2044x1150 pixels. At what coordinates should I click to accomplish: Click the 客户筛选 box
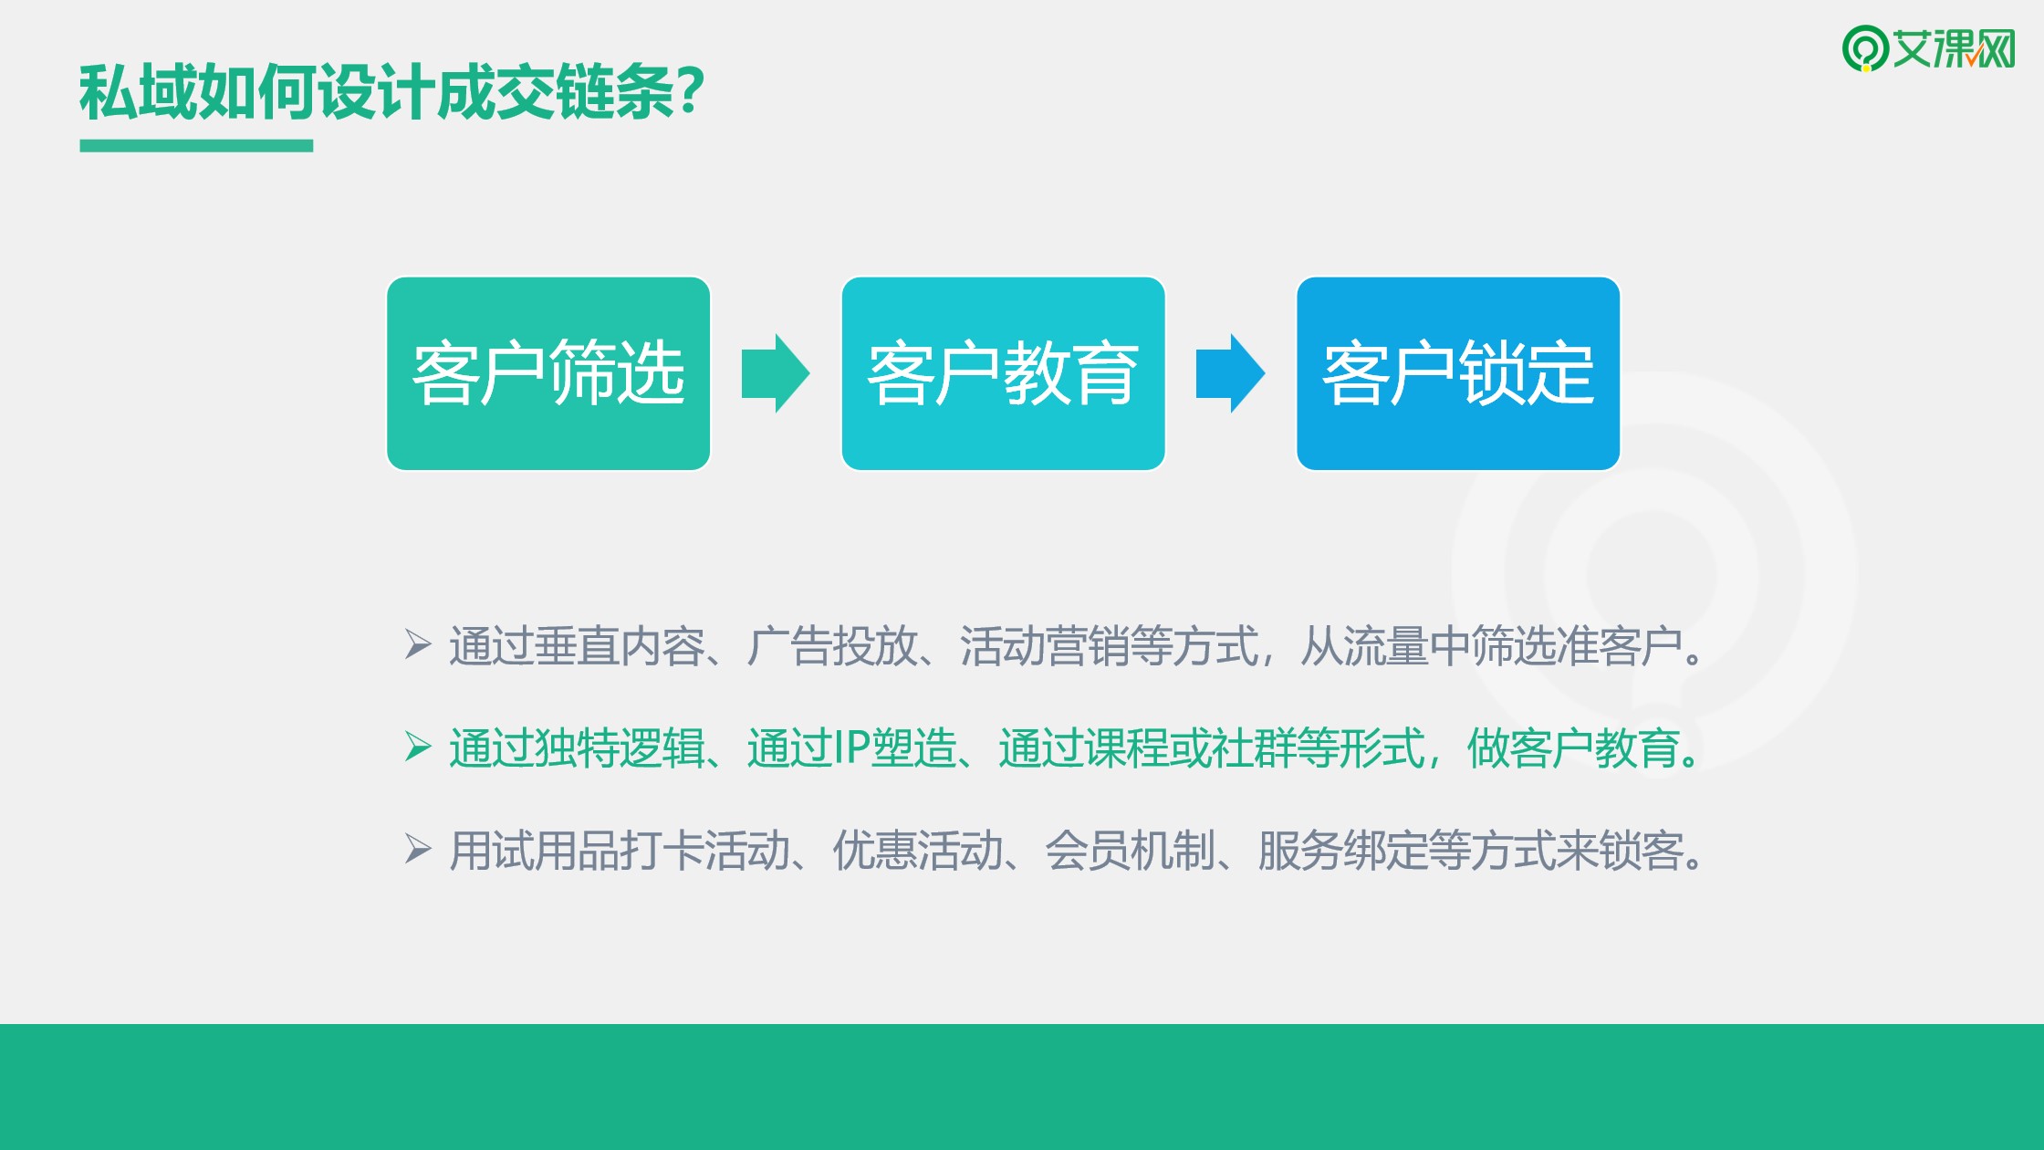click(548, 373)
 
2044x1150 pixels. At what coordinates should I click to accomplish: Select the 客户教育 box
click(1003, 373)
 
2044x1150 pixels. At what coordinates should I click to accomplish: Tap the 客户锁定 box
click(1458, 373)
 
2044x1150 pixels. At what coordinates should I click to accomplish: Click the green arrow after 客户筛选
click(776, 373)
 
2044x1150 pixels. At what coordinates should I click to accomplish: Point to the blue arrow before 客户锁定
click(1230, 373)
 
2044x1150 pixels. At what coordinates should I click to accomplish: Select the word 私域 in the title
click(138, 92)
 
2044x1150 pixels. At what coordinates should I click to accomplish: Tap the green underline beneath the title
click(196, 146)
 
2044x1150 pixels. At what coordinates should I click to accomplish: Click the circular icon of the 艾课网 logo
click(1865, 47)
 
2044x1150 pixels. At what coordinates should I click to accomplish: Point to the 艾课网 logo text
click(1954, 48)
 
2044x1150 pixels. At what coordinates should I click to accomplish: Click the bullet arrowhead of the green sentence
click(418, 747)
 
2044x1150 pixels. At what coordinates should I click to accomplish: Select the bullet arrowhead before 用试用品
click(418, 849)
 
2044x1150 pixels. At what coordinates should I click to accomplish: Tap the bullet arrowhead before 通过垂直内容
click(418, 644)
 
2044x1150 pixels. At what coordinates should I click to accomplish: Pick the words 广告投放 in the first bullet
click(831, 646)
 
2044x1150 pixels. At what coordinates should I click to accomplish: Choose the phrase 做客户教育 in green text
click(1573, 748)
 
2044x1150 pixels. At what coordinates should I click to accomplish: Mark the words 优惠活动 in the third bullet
click(917, 851)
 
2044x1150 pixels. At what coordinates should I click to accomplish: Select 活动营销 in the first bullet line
click(1044, 646)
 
